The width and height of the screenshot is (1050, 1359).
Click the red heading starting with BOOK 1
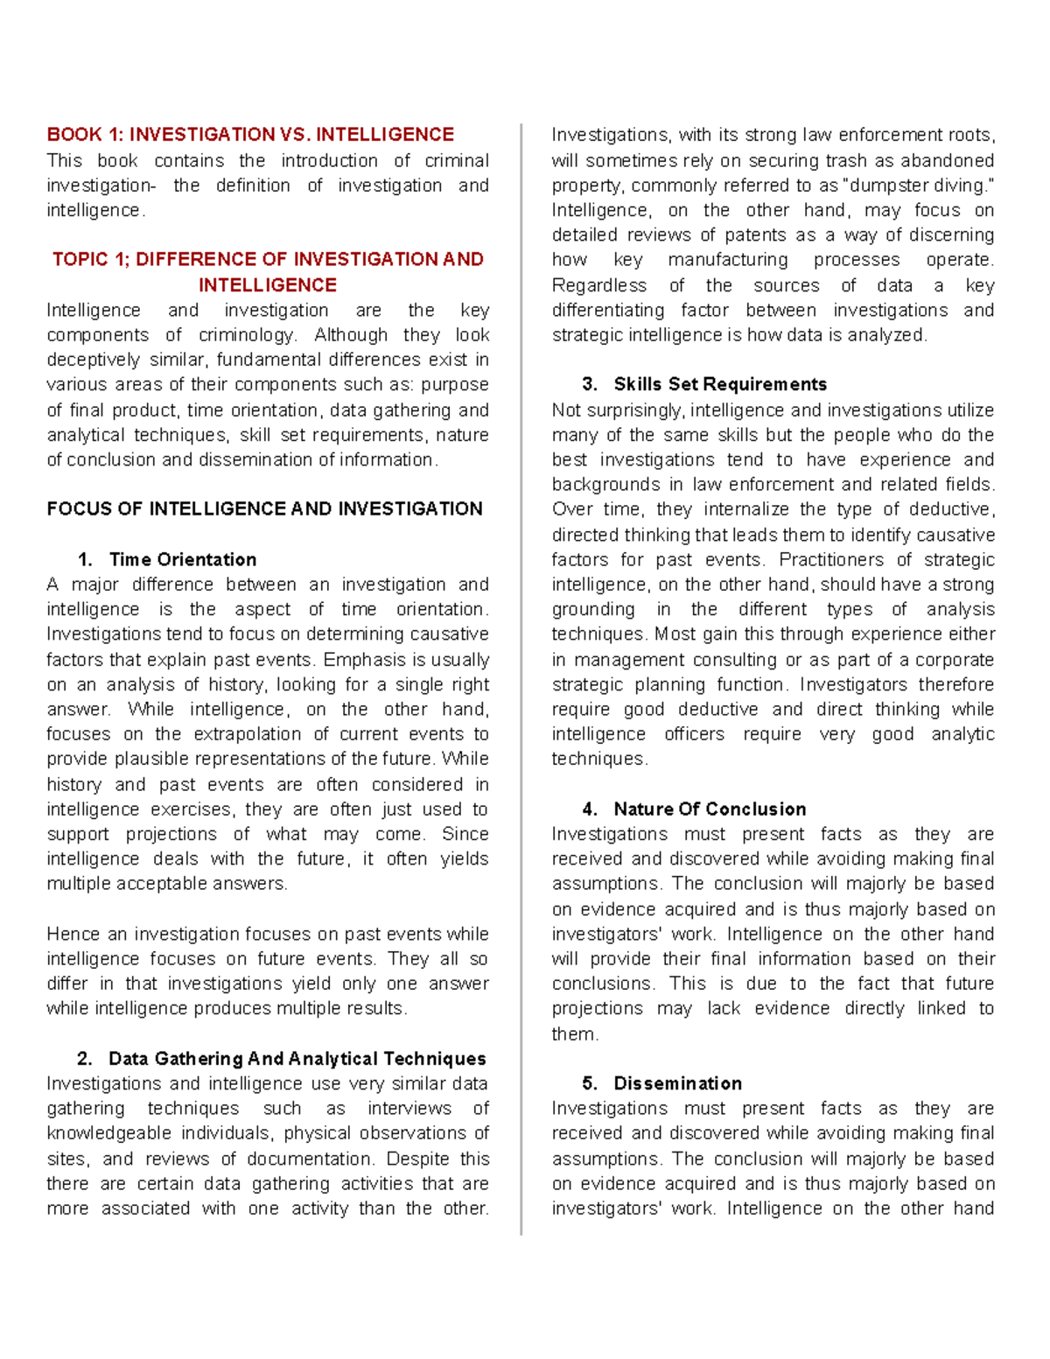tap(250, 135)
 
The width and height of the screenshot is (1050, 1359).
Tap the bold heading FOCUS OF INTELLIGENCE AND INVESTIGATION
tap(264, 509)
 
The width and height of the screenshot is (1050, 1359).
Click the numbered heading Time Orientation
tap(182, 560)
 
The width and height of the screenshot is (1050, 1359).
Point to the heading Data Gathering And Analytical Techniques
tap(297, 1059)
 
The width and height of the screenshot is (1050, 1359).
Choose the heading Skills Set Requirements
tap(719, 385)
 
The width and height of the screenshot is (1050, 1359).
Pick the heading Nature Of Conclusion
tap(709, 809)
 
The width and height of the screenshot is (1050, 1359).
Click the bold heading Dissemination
tap(677, 1083)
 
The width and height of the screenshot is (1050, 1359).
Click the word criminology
tap(248, 335)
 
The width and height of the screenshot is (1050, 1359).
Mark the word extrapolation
tap(245, 734)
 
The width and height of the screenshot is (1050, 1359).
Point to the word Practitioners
tap(830, 560)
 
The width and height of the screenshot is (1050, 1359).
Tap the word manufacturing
tap(727, 261)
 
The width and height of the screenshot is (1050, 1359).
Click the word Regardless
tap(598, 286)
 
